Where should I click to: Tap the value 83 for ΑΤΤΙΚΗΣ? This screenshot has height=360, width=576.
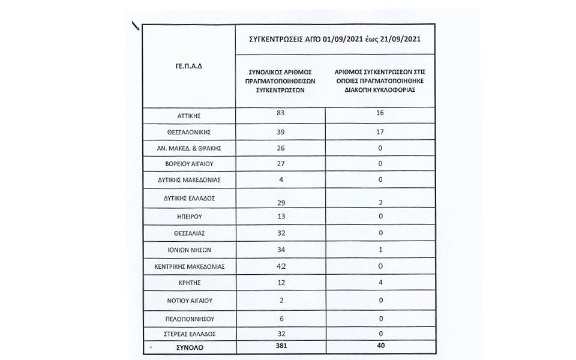point(277,112)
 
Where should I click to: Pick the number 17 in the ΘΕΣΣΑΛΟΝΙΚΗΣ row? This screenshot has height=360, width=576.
point(378,130)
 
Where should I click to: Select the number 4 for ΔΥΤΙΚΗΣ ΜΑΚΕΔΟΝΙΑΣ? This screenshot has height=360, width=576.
point(277,178)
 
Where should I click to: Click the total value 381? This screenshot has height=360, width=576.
point(277,346)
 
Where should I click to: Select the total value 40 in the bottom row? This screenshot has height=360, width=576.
point(378,346)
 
